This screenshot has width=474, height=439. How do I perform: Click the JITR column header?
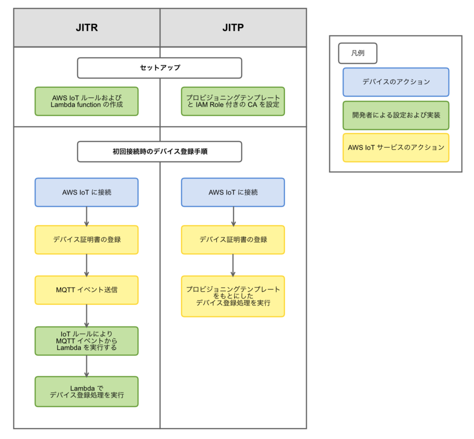(86, 28)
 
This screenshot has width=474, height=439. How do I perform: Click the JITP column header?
(233, 28)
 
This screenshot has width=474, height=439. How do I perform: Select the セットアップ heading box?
(159, 68)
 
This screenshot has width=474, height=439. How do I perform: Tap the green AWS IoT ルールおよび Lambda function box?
(86, 101)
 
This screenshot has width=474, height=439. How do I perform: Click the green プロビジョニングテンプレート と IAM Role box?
(233, 101)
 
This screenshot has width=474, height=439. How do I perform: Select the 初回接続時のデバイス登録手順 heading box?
(159, 152)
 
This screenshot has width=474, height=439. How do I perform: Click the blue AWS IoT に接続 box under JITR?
(86, 192)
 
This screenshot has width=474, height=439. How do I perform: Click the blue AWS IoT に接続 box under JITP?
(233, 192)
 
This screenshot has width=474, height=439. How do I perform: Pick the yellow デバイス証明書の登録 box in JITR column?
(86, 239)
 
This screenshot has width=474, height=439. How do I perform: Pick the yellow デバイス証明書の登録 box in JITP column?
(233, 239)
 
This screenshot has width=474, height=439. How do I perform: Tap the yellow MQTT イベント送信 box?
(86, 290)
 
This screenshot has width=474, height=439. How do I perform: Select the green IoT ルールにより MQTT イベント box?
(86, 341)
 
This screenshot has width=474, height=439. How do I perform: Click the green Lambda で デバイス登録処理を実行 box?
(86, 391)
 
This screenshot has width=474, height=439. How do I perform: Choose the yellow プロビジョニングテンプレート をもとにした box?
(233, 296)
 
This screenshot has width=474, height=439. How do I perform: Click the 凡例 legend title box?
(357, 53)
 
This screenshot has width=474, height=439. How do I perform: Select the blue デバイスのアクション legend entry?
(395, 82)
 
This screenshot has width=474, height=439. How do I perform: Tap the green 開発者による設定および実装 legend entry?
(395, 115)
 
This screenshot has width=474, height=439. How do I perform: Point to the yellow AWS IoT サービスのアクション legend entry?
(395, 147)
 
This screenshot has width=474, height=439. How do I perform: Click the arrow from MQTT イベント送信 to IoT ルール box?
(86, 315)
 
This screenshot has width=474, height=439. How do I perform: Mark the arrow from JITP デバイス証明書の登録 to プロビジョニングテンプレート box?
(233, 265)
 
